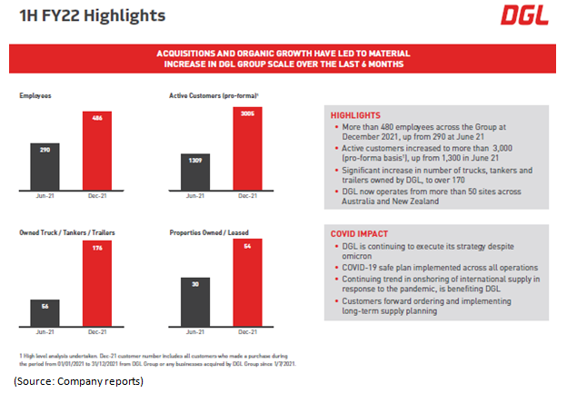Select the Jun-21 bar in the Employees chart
46,164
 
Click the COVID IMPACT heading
360,234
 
